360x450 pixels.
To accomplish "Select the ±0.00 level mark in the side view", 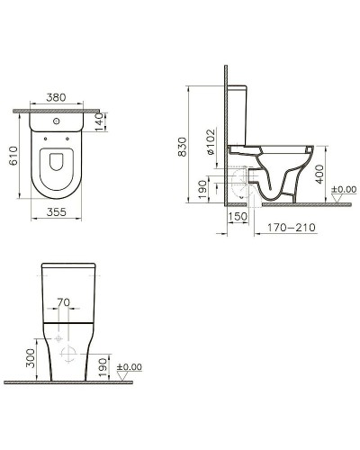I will pos(345,190).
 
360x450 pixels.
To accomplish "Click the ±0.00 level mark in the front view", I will pos(131,367).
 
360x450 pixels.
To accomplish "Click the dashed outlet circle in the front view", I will pos(59,341).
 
